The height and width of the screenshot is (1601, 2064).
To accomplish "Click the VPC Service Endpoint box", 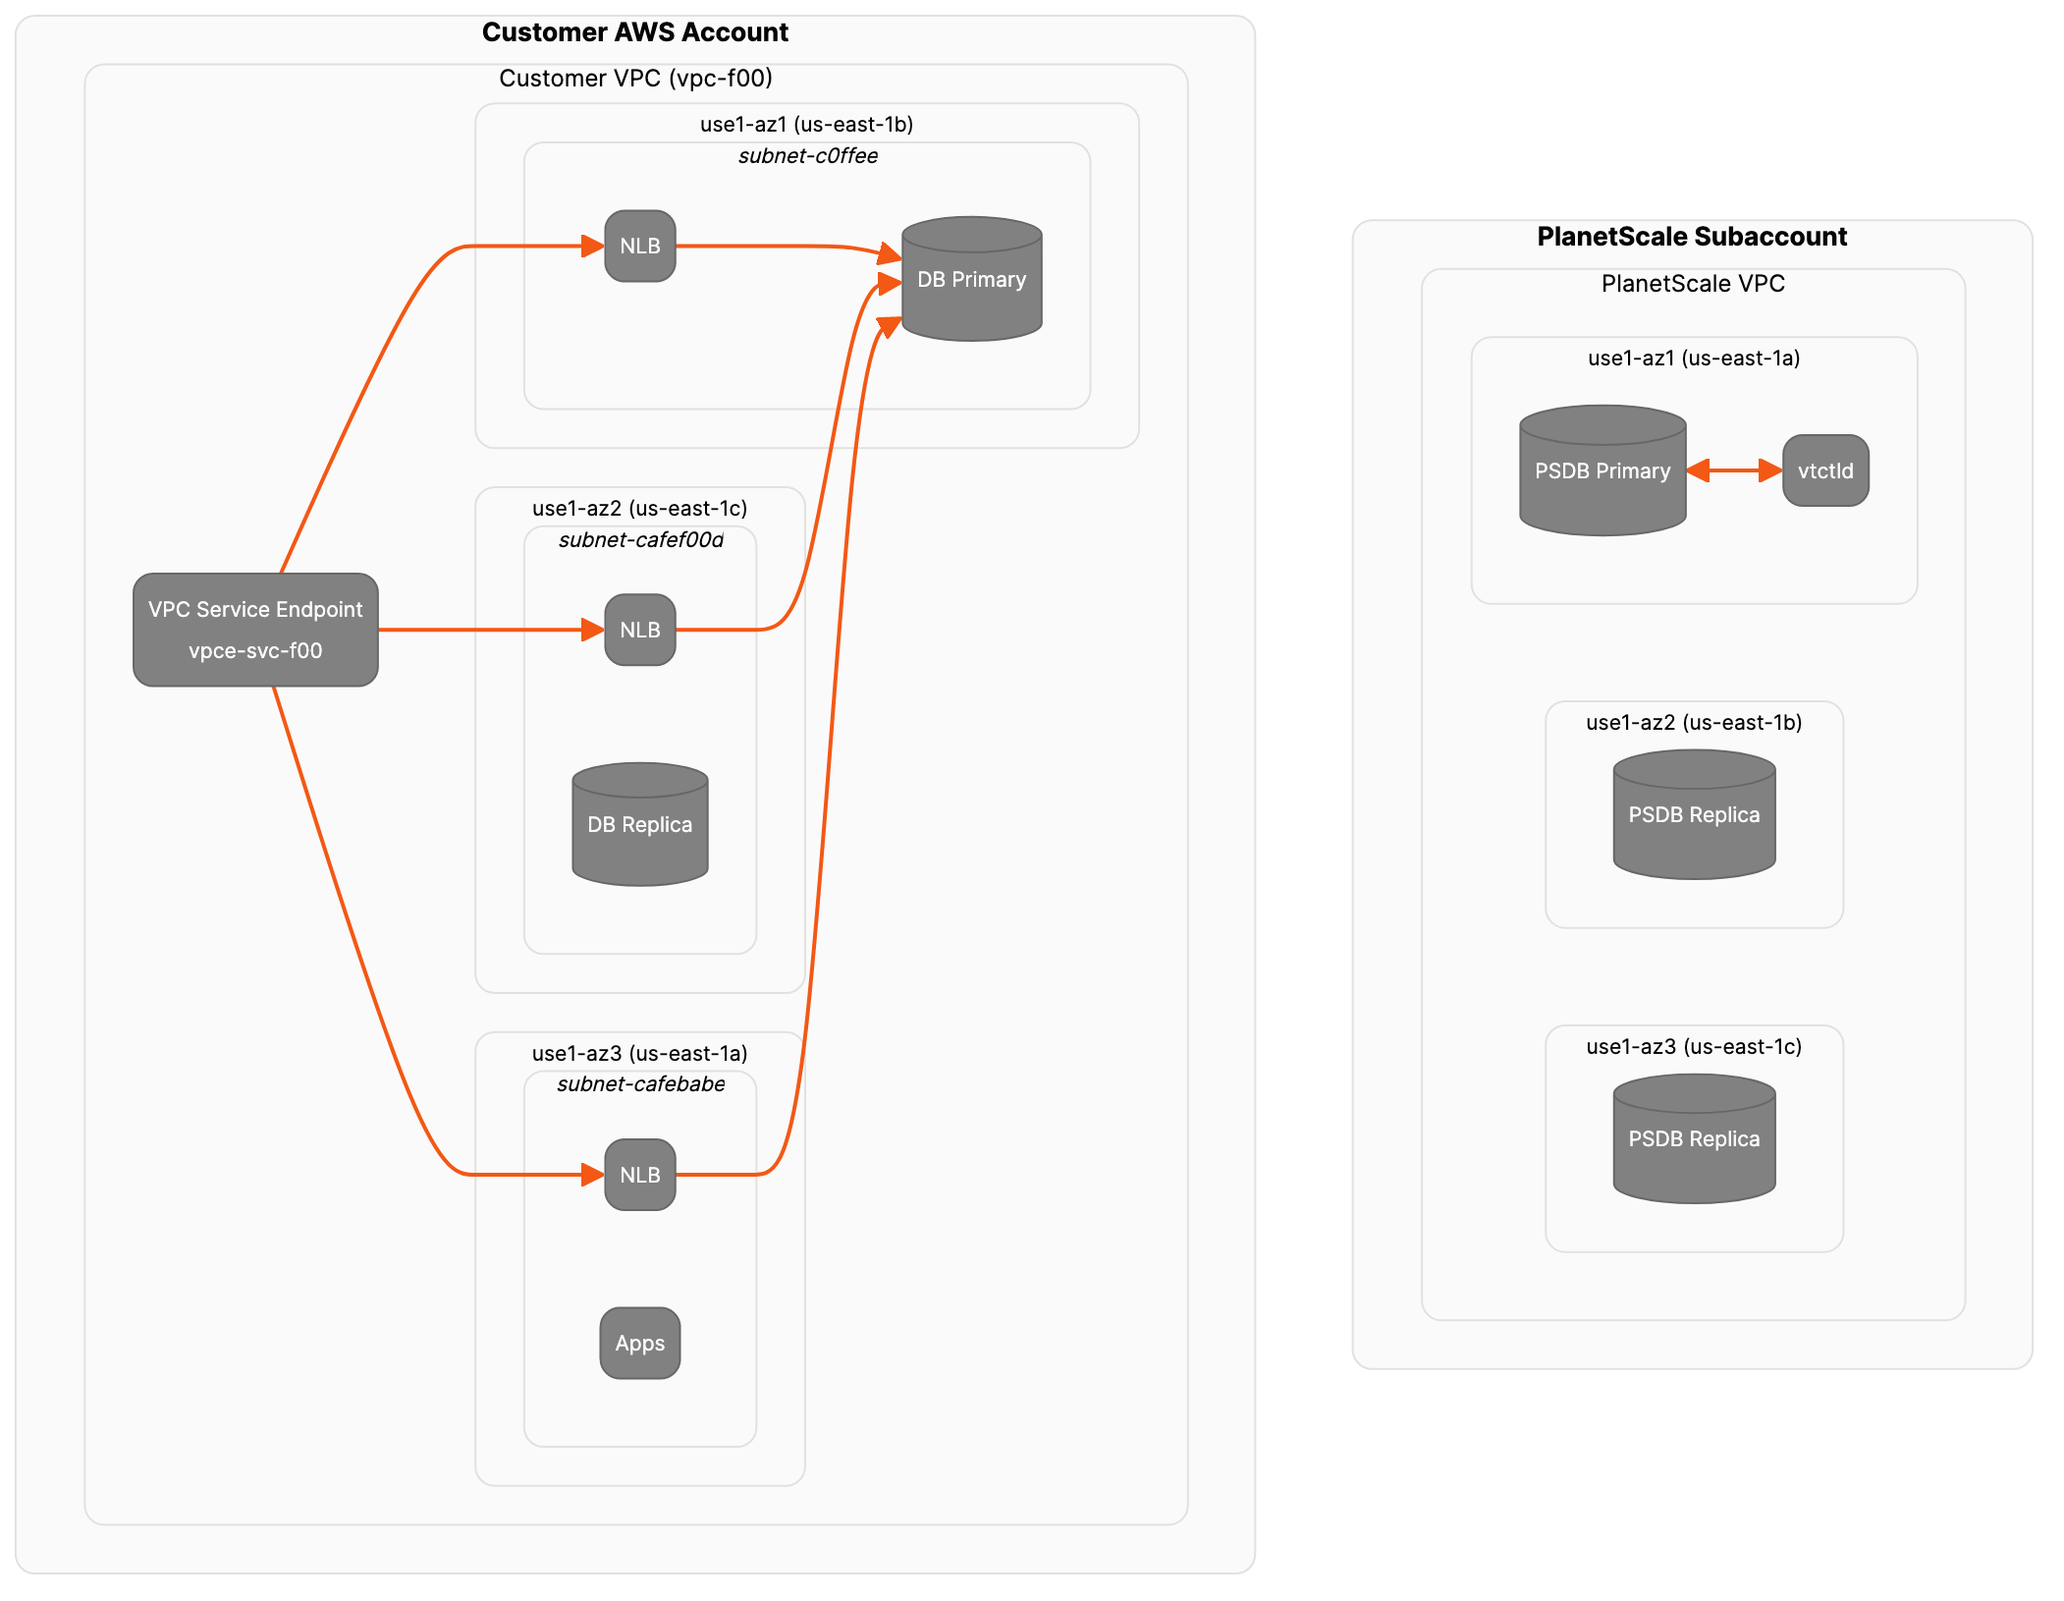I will (255, 630).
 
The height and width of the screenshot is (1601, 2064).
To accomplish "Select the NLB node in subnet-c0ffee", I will (640, 247).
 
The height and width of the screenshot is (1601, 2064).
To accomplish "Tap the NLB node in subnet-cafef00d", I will (640, 630).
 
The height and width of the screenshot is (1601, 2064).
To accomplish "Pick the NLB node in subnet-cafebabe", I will (640, 1175).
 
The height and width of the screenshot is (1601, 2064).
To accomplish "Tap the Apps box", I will (640, 1343).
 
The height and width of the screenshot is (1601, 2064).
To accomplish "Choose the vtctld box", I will (1825, 471).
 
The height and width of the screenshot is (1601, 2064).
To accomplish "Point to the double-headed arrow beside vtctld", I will (1734, 471).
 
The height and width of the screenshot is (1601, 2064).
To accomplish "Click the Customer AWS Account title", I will (635, 32).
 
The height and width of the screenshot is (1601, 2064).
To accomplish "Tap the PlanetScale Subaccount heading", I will (1692, 237).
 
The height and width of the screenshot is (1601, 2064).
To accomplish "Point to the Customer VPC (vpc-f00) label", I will (635, 79).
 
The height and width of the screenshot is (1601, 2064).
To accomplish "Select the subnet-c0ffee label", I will (808, 156).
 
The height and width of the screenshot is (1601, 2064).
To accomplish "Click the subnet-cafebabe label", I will (641, 1084).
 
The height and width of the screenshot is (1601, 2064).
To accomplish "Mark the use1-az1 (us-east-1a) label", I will (1694, 359).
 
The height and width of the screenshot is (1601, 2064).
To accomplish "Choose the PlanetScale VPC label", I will (1693, 284).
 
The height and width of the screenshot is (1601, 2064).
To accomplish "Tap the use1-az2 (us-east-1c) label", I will (640, 509).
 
